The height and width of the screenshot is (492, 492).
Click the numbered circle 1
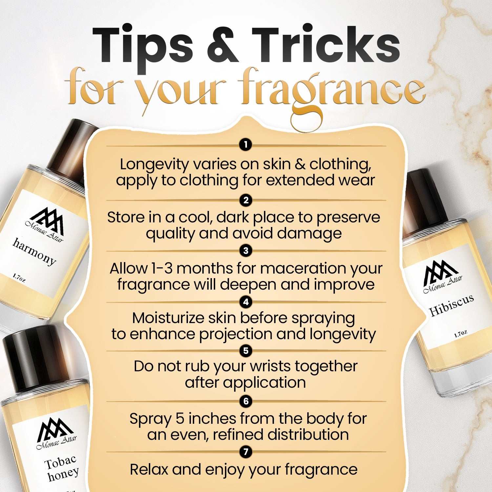coord(246,144)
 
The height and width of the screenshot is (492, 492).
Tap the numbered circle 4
coord(246,302)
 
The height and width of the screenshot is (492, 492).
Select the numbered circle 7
coord(246,452)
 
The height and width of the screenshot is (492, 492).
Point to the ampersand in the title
coord(223,46)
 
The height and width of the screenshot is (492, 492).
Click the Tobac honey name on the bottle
coord(62,468)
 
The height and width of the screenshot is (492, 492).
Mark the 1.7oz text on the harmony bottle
coord(19,278)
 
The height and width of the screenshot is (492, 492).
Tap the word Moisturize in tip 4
coord(168,318)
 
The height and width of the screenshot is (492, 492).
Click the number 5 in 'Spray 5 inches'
coord(180,419)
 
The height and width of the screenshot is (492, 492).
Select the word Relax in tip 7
coord(149,469)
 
